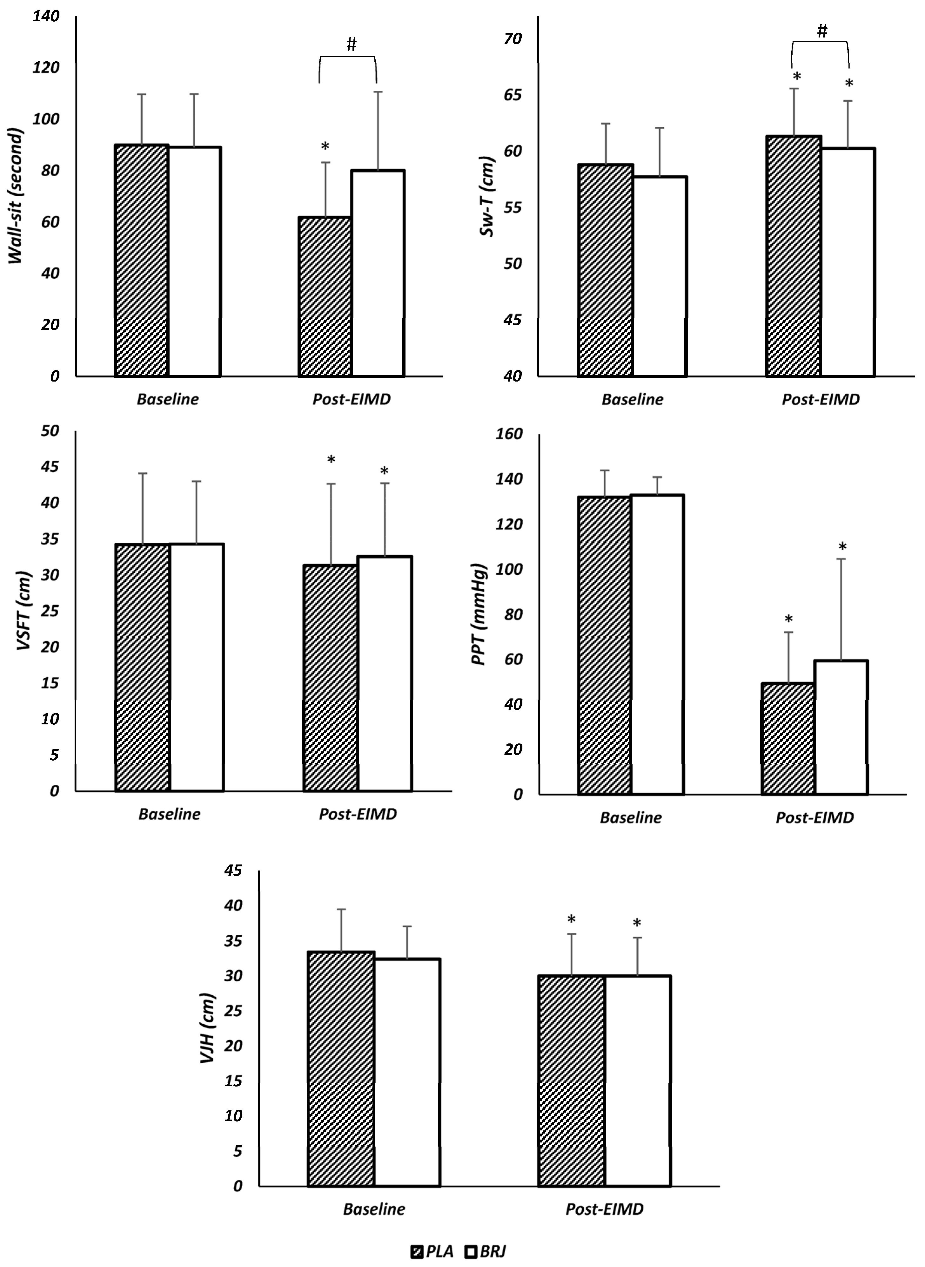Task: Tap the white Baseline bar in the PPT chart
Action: tap(658, 644)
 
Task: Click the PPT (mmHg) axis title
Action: tap(479, 614)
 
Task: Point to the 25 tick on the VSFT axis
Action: tap(50, 611)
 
